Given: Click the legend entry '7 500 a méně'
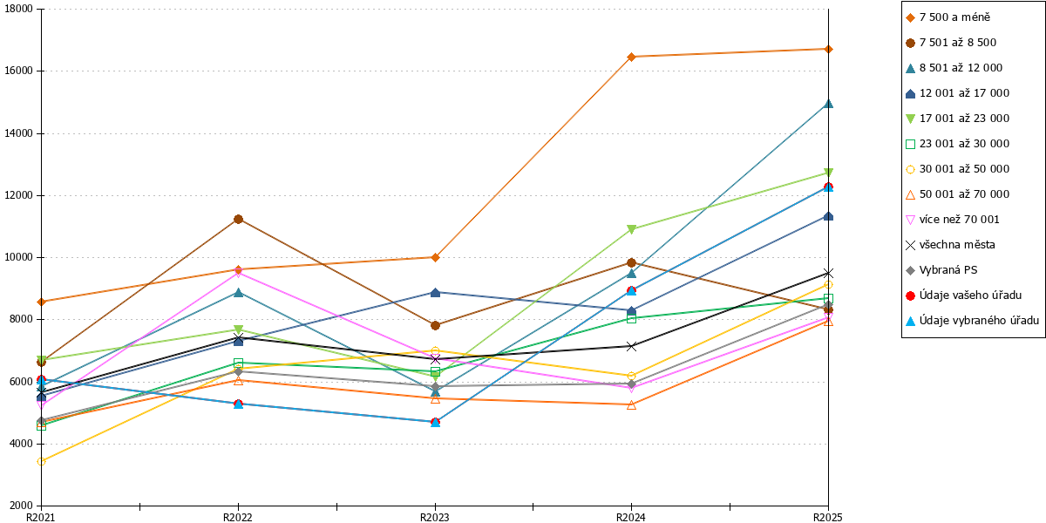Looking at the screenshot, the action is click(x=948, y=17).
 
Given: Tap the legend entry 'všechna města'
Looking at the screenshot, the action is click(x=950, y=245).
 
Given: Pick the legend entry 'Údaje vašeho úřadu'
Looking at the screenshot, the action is click(x=963, y=295).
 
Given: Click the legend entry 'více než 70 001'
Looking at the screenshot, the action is click(x=953, y=220).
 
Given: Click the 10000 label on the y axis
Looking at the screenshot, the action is click(x=19, y=257).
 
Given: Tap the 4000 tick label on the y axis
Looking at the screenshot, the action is click(x=22, y=444).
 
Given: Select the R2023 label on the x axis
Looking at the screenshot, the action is click(x=435, y=517).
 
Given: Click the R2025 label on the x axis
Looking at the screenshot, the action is click(x=828, y=517).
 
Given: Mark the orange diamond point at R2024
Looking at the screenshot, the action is click(x=631, y=57).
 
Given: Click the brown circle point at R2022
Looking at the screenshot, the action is click(x=238, y=220).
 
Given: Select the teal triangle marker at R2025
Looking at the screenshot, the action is click(x=828, y=104).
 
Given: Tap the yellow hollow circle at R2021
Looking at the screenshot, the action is click(x=41, y=461).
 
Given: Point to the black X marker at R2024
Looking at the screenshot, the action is click(x=631, y=347).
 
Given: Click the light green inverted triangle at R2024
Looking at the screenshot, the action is click(x=631, y=229).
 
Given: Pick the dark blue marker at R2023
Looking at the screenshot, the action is click(x=435, y=293).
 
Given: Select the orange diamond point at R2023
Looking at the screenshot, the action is click(x=435, y=257).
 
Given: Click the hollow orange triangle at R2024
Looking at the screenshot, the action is click(x=631, y=405).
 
